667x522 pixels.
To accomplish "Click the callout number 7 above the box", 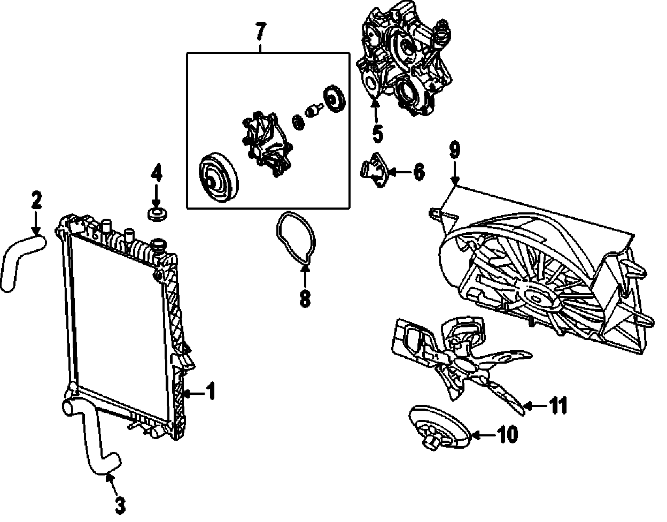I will coord(260,33).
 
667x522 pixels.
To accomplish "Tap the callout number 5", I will coord(378,134).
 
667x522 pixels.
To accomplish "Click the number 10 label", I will coord(507,435).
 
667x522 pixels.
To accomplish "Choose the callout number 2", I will coord(36,201).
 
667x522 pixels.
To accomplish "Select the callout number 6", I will coord(418,172).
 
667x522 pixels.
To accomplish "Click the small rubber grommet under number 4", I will coord(156,215).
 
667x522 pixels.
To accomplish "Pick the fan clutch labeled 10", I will coord(436,428).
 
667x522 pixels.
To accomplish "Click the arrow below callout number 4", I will coord(156,197).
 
